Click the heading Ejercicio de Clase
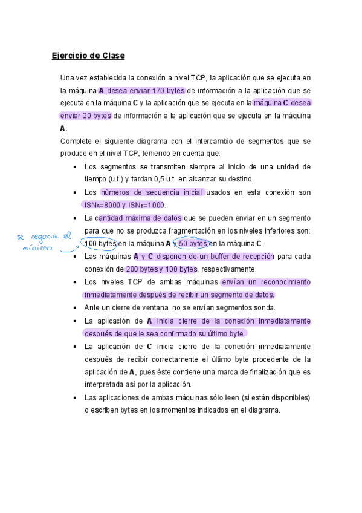coord(88,56)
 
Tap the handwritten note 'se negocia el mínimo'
coord(42,241)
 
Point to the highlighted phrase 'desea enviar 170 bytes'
coord(146,91)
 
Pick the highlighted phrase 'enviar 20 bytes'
coord(85,116)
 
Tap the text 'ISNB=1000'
coord(147,205)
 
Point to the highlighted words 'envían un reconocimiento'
coord(266,282)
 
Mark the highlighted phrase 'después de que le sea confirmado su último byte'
coord(165,333)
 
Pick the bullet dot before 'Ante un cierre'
coord(74,308)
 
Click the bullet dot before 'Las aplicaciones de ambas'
coord(74,398)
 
